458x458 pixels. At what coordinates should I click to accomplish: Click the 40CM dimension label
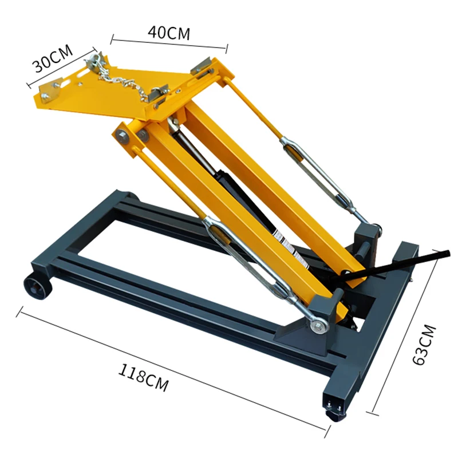[x=169, y=32]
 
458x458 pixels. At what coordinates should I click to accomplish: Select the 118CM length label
[x=144, y=378]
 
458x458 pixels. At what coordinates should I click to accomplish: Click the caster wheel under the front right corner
[x=334, y=414]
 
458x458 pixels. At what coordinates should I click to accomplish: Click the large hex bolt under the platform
[x=123, y=135]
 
